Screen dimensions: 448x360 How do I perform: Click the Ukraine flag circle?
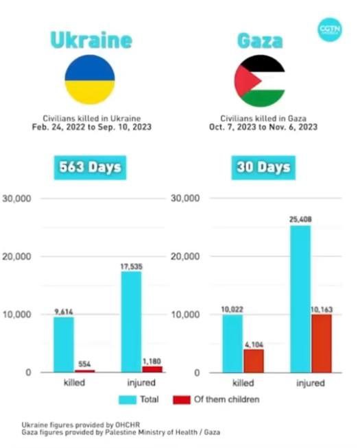[x=89, y=79]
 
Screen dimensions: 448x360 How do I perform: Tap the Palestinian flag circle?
[x=260, y=81]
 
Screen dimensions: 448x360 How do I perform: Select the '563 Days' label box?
[x=89, y=167]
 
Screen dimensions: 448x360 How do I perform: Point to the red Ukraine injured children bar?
[x=153, y=369]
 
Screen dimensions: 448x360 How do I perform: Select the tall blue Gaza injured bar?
[x=300, y=298]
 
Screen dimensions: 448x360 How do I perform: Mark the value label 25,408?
[x=300, y=219]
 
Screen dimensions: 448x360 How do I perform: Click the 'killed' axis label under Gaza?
[x=243, y=384]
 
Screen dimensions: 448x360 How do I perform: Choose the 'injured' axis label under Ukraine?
[x=141, y=383]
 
